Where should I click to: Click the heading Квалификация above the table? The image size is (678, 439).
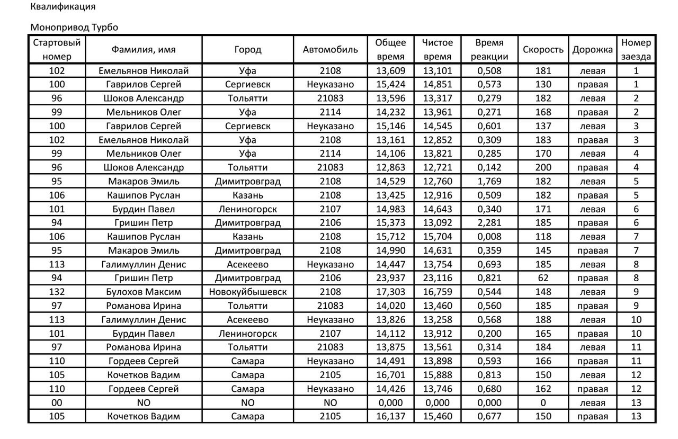[63, 7]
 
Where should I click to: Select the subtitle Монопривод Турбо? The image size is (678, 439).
[74, 27]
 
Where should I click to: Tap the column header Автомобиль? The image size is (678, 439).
[331, 50]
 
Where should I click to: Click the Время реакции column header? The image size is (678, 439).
[489, 50]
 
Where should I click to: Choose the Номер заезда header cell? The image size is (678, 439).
[636, 50]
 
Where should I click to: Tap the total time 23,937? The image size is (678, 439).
[390, 278]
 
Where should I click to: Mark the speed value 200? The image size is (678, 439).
[543, 167]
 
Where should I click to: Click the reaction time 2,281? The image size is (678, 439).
[489, 222]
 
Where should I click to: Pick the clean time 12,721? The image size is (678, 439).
[437, 167]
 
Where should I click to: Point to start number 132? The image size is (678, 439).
[57, 292]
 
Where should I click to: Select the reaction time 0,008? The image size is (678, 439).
[489, 236]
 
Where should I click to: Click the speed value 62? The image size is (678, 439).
[543, 278]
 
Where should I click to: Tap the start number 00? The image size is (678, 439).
[57, 402]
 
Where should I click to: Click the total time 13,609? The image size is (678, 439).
[390, 70]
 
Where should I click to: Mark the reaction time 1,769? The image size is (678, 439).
[489, 181]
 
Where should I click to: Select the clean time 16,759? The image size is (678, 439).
[437, 292]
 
